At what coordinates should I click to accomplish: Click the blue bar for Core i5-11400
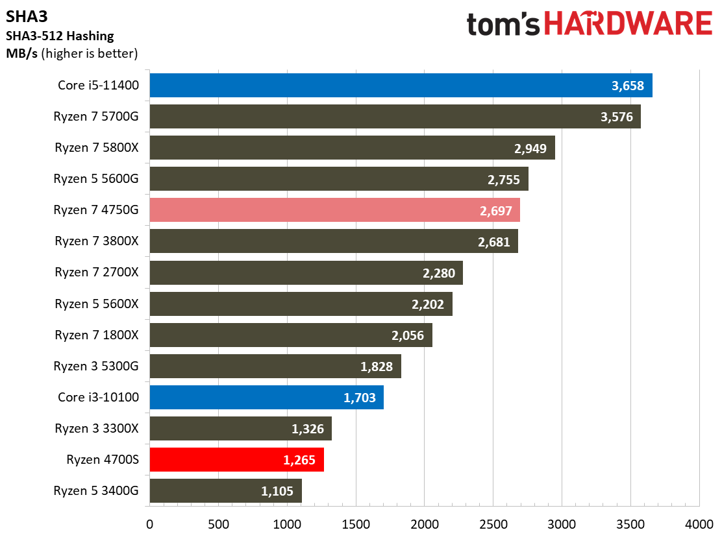click(401, 85)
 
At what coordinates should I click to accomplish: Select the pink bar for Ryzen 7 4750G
click(335, 210)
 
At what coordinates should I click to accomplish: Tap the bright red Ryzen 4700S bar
click(237, 459)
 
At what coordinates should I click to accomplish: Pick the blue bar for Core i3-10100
click(267, 397)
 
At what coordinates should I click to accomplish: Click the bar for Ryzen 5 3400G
click(226, 490)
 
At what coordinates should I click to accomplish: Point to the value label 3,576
click(617, 117)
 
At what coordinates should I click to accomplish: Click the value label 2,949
click(530, 148)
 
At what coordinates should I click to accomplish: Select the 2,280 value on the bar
click(439, 273)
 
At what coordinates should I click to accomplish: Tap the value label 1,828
click(376, 367)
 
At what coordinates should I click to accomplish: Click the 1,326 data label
click(308, 429)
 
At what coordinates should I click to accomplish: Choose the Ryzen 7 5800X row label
click(97, 148)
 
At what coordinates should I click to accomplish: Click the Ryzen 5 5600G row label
click(96, 178)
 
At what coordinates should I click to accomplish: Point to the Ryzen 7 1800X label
click(97, 335)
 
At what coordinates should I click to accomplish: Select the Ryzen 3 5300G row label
click(96, 367)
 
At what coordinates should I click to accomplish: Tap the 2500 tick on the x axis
click(493, 524)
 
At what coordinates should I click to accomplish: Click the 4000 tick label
click(699, 524)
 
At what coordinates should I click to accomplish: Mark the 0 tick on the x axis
click(149, 524)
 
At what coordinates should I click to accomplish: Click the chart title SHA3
click(27, 17)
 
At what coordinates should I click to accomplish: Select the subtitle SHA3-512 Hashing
click(60, 36)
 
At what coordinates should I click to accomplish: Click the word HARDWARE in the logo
click(628, 24)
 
